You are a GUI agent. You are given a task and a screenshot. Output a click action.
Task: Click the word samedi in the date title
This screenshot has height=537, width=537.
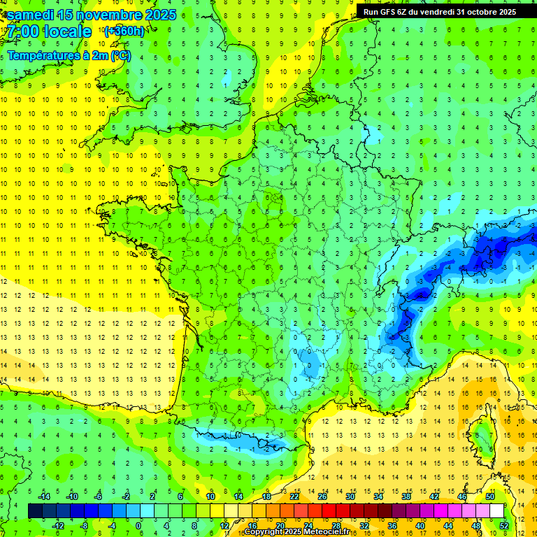coord(34,15)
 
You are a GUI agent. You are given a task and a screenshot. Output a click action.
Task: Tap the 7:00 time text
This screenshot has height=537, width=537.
coord(22,31)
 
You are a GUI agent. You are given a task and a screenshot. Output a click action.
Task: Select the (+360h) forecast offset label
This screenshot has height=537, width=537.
coord(124,31)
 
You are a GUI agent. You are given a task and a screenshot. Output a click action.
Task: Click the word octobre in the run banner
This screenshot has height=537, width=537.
coord(473,11)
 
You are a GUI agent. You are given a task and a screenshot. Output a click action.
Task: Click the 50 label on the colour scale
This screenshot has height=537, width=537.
coord(490,496)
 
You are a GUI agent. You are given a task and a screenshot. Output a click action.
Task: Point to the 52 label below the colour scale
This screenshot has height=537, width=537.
coord(504,526)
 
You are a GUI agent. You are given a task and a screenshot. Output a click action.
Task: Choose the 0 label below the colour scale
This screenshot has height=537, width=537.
coord(138,526)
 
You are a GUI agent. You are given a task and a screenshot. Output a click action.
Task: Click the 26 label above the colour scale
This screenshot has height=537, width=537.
coord(322,496)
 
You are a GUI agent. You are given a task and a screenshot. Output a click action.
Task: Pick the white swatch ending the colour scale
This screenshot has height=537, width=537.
coord(497,510)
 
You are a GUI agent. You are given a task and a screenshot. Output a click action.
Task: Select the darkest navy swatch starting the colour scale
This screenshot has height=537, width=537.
coord(35,510)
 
